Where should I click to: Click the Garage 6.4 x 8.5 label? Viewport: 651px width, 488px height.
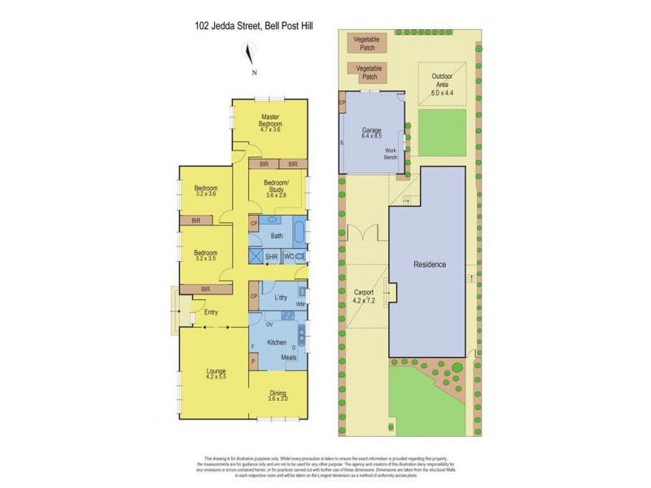point(371,133)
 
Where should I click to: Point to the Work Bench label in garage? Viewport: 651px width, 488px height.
point(391,154)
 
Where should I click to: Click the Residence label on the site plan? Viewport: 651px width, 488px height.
point(430,265)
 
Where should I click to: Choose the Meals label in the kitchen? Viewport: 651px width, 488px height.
point(289,357)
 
